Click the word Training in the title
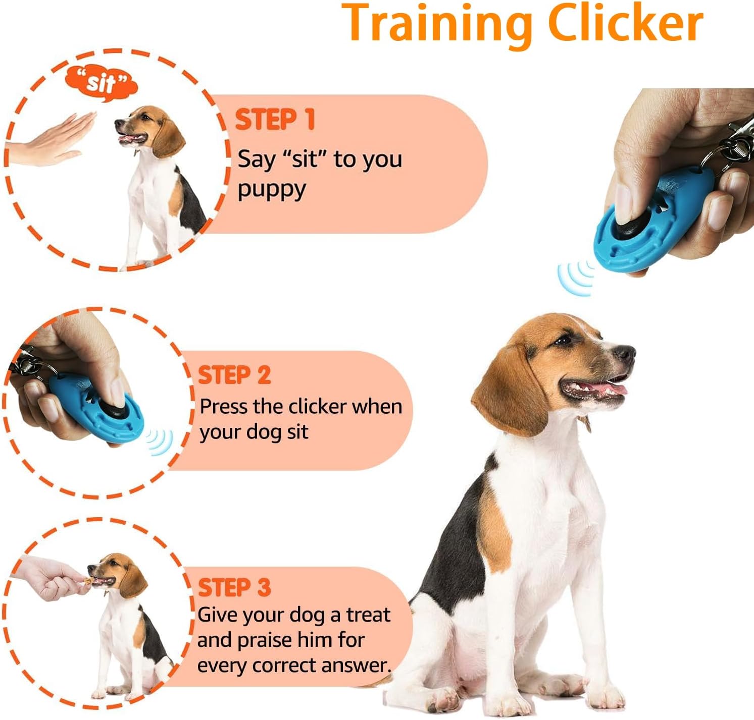pos(437,23)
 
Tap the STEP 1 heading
pos(275,120)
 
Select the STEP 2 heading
pos(234,375)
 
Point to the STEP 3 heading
pos(234,588)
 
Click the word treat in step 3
pos(368,615)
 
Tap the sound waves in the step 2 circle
pos(160,442)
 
